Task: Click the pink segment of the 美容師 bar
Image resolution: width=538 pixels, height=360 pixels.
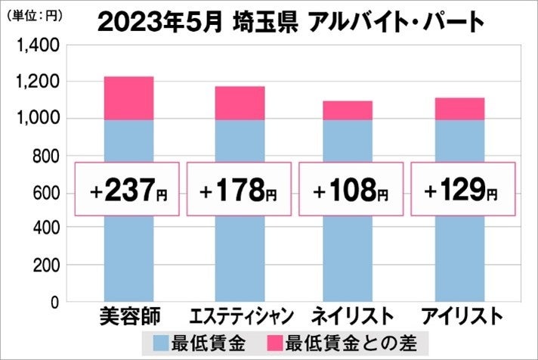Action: (x=128, y=98)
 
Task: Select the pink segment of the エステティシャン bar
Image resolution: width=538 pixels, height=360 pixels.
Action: (x=239, y=103)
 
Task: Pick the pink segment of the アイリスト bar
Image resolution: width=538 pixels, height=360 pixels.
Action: (x=459, y=108)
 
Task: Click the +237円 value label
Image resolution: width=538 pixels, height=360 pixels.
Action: (x=128, y=189)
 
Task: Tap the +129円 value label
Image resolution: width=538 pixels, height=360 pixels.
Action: (x=460, y=189)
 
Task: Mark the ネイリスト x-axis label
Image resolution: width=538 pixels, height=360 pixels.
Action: (x=349, y=315)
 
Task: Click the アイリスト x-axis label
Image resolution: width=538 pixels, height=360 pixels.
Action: (x=460, y=315)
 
